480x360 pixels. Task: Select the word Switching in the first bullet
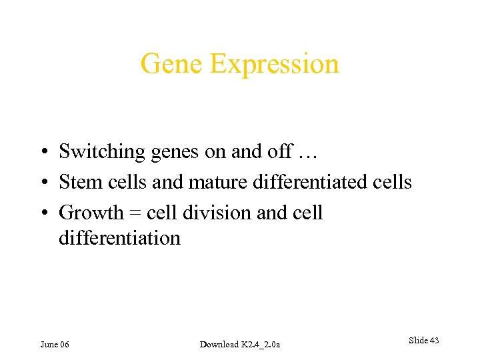point(101,153)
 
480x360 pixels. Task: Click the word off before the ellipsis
point(279,151)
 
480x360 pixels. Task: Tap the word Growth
point(91,213)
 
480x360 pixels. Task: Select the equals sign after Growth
point(135,213)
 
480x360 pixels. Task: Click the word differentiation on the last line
point(119,238)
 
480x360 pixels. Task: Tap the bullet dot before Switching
point(42,153)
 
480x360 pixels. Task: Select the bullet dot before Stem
point(42,183)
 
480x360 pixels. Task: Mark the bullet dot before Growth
point(42,213)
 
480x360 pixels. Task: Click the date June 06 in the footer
point(55,344)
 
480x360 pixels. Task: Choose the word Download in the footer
point(219,344)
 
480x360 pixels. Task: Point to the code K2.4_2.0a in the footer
point(261,344)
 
